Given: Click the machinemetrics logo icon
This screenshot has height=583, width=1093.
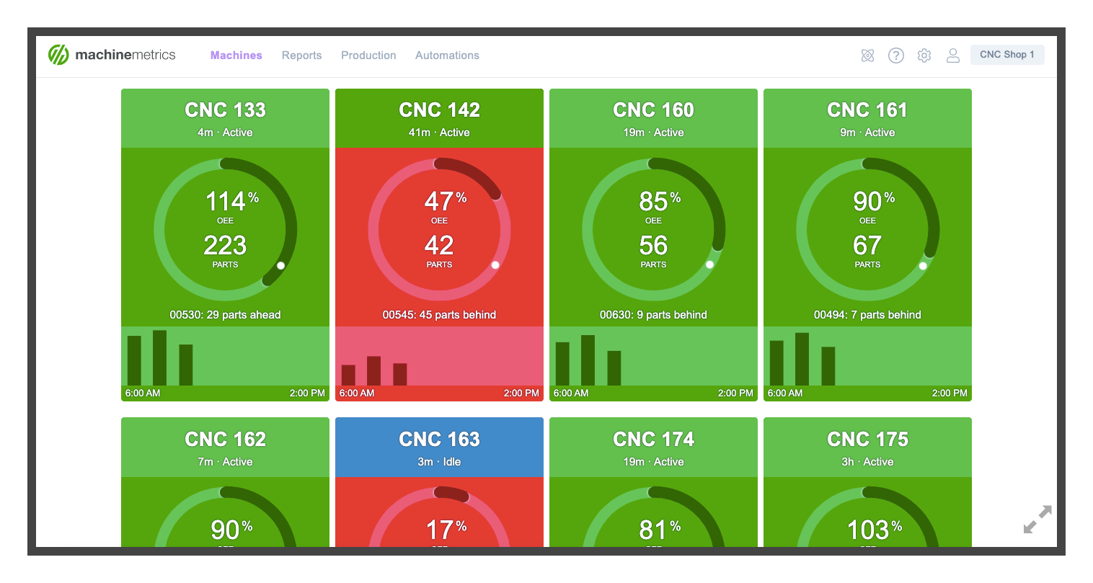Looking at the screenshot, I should click(x=58, y=55).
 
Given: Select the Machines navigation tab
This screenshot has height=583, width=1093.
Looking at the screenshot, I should click(x=236, y=55).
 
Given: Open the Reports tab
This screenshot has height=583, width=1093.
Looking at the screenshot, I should click(x=301, y=55).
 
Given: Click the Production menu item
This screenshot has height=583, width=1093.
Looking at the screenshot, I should click(x=368, y=55).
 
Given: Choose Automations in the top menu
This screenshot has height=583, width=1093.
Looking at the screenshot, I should click(x=447, y=55).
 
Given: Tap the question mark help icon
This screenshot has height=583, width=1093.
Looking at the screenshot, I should click(x=895, y=55).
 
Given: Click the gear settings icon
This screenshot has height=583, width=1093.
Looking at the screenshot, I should click(x=924, y=55).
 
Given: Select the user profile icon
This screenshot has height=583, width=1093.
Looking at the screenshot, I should click(x=952, y=55).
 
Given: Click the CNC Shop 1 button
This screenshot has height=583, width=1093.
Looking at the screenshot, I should click(x=1006, y=55).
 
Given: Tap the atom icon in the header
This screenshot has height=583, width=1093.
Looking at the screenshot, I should click(x=867, y=55).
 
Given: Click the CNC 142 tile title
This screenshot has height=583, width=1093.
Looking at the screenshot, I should click(x=439, y=110).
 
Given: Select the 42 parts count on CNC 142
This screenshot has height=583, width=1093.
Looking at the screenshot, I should click(x=439, y=246).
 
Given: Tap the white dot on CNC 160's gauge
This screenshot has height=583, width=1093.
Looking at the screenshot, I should click(x=709, y=264).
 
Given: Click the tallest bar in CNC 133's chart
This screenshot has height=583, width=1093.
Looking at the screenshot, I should click(x=159, y=357).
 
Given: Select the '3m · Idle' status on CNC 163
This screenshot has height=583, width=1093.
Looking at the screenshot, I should click(x=439, y=462).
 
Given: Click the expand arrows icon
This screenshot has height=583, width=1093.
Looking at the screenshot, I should click(x=1037, y=520).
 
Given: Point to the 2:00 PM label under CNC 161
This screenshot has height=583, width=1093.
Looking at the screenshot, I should click(x=950, y=393).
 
